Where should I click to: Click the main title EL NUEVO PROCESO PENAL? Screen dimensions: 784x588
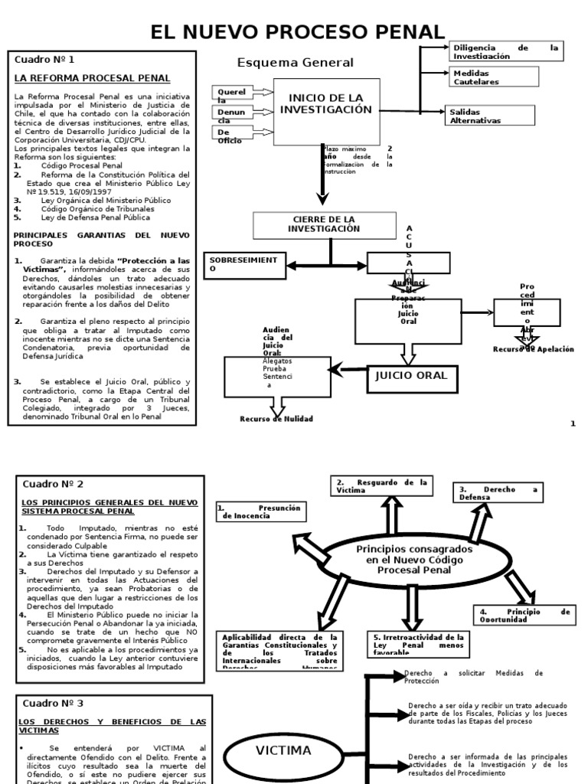297,31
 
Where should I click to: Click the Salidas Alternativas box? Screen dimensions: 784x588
491,116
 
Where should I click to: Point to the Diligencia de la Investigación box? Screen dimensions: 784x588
505,51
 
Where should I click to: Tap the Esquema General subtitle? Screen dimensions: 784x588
296,63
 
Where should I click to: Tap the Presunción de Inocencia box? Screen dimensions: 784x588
259,512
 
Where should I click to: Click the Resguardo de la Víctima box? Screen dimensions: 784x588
381,485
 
